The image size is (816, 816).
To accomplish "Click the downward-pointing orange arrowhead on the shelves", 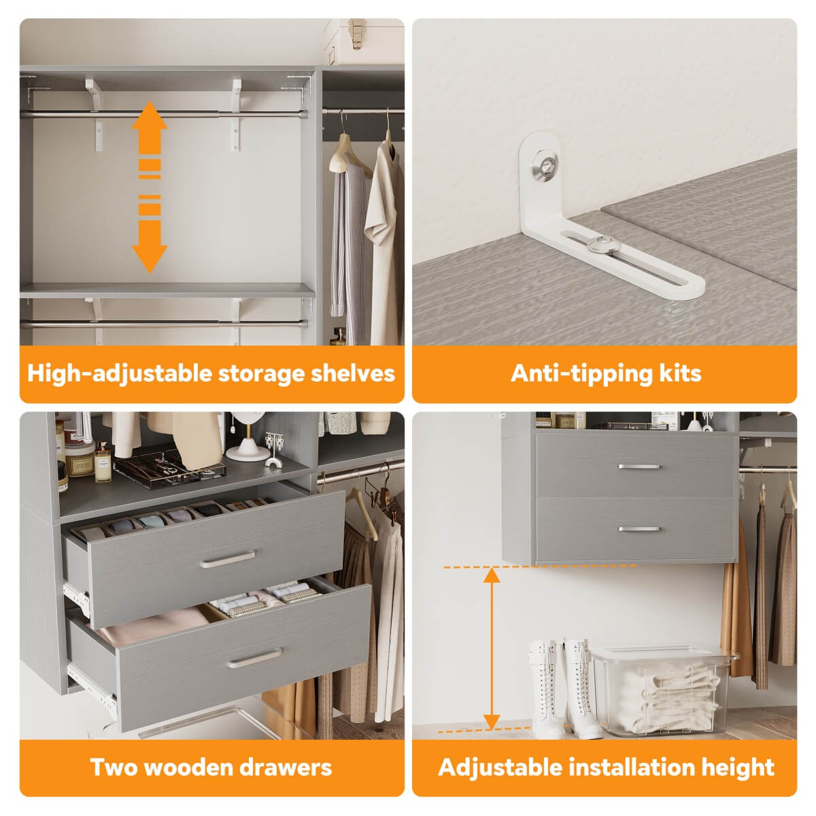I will coord(150,255).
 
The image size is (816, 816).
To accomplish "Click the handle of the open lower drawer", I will coord(254,658).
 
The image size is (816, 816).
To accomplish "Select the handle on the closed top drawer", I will coord(639,467).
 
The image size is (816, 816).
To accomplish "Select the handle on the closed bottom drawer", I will coord(639,528).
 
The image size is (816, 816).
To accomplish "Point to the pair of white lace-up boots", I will coord(564,687).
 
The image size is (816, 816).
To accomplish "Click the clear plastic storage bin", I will coord(663,690).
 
